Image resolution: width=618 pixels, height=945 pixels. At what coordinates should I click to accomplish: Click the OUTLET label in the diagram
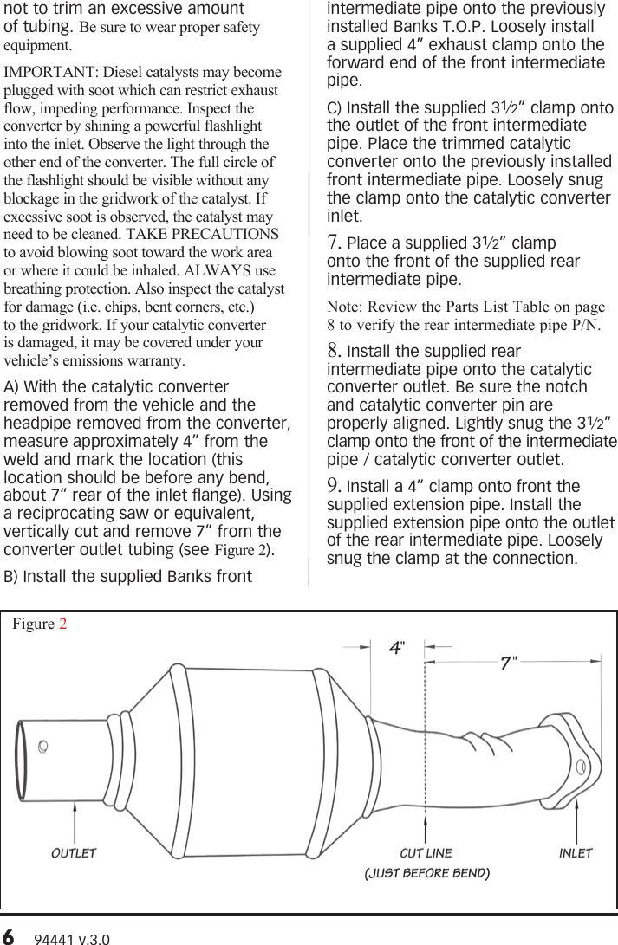tap(74, 853)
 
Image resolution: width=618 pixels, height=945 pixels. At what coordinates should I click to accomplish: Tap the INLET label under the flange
tap(576, 853)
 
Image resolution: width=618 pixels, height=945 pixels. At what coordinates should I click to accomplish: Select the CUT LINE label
tap(426, 853)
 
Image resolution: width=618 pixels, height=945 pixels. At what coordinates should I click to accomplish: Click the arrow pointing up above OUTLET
tap(75, 819)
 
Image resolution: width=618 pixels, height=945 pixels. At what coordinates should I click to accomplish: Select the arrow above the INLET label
tap(576, 819)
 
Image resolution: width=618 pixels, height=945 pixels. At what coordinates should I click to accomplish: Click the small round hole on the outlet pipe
tap(43, 744)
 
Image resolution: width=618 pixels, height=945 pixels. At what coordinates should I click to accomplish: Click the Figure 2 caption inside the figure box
tap(40, 625)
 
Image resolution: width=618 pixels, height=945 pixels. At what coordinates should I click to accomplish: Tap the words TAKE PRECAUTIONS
tap(215, 234)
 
